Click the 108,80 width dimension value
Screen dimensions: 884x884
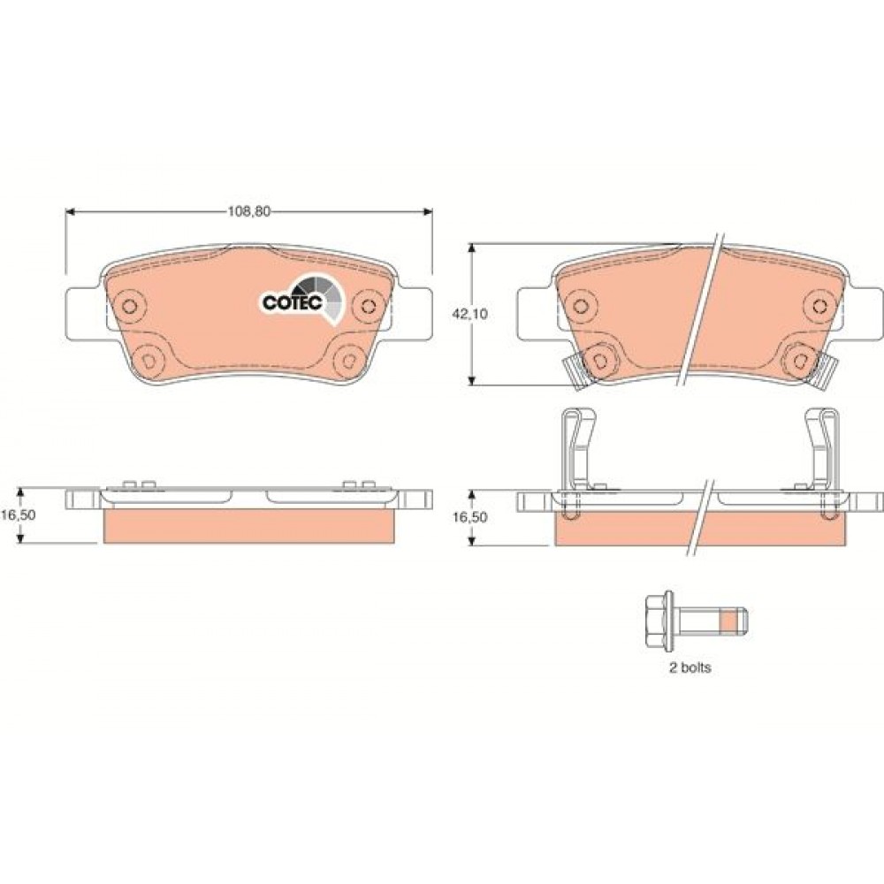(248, 211)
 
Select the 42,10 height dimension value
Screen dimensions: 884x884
(469, 314)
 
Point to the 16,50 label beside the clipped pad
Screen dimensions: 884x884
(469, 517)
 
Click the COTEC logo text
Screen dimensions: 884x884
(292, 302)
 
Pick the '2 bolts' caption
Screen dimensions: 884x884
(690, 667)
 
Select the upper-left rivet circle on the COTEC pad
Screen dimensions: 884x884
(130, 306)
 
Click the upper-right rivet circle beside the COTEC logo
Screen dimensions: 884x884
(370, 306)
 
